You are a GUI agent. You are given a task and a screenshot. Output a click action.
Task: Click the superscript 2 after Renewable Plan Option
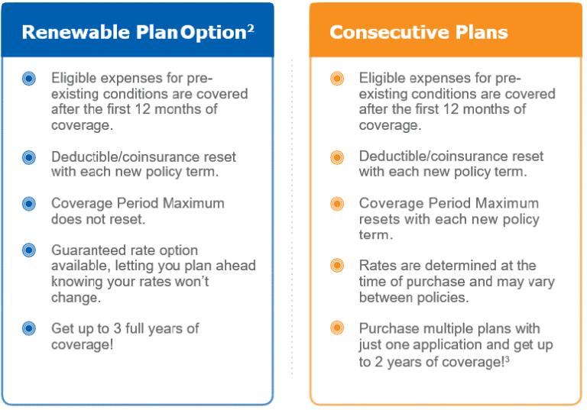(x=251, y=27)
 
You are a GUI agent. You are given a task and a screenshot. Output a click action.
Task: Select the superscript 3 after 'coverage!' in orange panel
(x=507, y=359)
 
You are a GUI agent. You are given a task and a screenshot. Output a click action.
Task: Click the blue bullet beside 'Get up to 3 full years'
(x=29, y=328)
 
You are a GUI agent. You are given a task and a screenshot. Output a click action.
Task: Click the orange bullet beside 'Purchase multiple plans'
(x=337, y=328)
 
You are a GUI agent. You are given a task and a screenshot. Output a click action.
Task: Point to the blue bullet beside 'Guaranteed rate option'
(x=29, y=250)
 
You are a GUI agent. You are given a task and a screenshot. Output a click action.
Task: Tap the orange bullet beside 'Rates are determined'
(x=337, y=266)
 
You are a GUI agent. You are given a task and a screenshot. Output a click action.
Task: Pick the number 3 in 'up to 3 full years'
(x=118, y=328)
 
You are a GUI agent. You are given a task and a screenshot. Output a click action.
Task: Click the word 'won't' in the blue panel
(x=188, y=282)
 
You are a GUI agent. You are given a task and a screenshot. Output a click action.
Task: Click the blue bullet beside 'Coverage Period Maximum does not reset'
(x=29, y=204)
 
